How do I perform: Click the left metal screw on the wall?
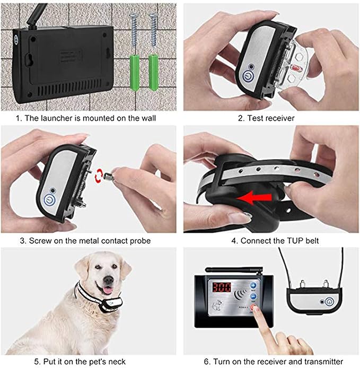(x=134, y=32)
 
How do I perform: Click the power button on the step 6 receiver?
(x=330, y=302)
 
